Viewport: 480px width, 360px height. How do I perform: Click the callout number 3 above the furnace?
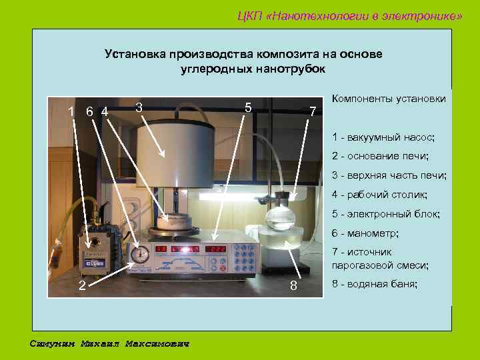[138, 107]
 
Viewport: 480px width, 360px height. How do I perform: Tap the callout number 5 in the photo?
[247, 107]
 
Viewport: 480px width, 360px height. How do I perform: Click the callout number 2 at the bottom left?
[81, 286]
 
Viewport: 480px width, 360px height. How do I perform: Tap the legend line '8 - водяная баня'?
[375, 284]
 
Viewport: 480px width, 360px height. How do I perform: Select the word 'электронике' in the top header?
[418, 15]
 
